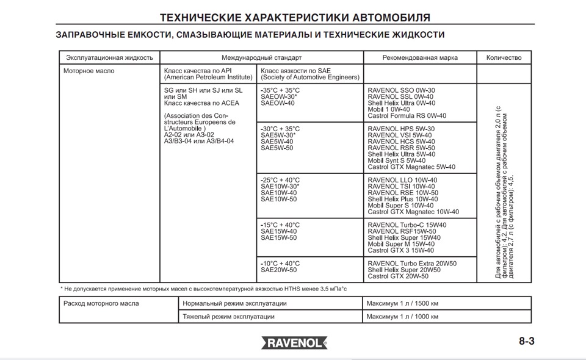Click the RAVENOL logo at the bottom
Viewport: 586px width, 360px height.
pyautogui.click(x=295, y=343)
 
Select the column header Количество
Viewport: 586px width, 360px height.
pyautogui.click(x=504, y=58)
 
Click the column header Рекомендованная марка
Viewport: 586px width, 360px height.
pyautogui.click(x=420, y=58)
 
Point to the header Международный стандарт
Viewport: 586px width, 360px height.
pyautogui.click(x=261, y=58)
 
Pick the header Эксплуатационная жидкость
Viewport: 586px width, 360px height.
pyautogui.click(x=109, y=58)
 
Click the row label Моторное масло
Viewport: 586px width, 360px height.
pyautogui.click(x=89, y=71)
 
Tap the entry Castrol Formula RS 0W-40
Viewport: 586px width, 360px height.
pyautogui.click(x=407, y=116)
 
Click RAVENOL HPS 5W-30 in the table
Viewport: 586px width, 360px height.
pyautogui.click(x=402, y=129)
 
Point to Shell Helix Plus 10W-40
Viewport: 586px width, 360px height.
pyautogui.click(x=403, y=199)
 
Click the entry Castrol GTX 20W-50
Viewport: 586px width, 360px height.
pyautogui.click(x=398, y=276)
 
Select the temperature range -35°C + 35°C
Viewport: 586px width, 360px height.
pyautogui.click(x=280, y=90)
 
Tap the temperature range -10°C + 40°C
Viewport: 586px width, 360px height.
pyautogui.click(x=280, y=263)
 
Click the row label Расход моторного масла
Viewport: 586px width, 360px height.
pyautogui.click(x=101, y=303)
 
